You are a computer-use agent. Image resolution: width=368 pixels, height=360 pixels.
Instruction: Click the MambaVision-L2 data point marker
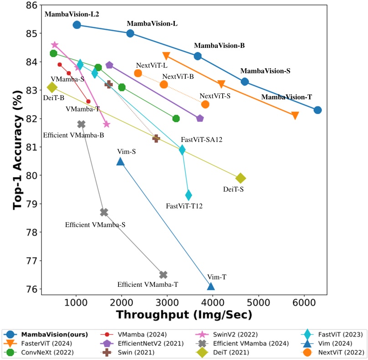pyautogui.click(x=77, y=25)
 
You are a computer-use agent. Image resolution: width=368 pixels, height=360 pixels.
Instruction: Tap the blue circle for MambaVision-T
pyautogui.click(x=318, y=110)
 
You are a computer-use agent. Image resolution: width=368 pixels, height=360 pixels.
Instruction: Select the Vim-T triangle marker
pyautogui.click(x=211, y=286)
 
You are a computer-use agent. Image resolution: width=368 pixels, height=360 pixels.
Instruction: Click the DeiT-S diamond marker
pyautogui.click(x=241, y=178)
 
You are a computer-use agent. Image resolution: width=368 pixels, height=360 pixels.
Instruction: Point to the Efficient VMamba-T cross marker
pyautogui.click(x=164, y=274)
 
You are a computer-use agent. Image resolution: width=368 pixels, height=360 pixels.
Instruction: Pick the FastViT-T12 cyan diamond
pyautogui.click(x=189, y=195)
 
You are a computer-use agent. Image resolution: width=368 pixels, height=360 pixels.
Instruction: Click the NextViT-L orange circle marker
pyautogui.click(x=138, y=73)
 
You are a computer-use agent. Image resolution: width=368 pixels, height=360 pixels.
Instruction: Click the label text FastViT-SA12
pyautogui.click(x=201, y=139)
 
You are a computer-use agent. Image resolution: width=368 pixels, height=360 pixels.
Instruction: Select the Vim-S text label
pyautogui.click(x=127, y=151)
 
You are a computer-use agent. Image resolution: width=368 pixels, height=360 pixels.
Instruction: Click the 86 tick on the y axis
pyautogui.click(x=31, y=5)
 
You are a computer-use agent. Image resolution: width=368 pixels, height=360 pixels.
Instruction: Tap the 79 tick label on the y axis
pyautogui.click(x=31, y=204)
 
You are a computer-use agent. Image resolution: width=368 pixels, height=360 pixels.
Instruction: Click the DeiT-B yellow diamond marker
pyautogui.click(x=52, y=87)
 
